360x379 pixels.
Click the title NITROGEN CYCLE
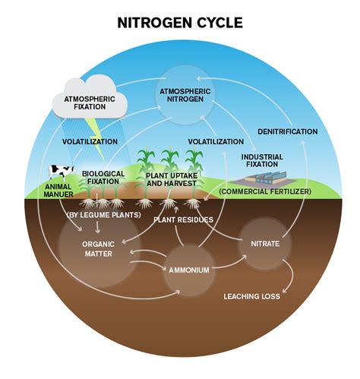(180, 23)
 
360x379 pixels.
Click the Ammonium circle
(188, 270)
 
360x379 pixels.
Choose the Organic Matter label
(98, 249)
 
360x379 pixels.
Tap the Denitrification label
(287, 131)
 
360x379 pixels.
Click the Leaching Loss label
(251, 296)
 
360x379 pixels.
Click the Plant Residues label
(183, 220)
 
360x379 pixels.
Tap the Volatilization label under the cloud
(90, 142)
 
